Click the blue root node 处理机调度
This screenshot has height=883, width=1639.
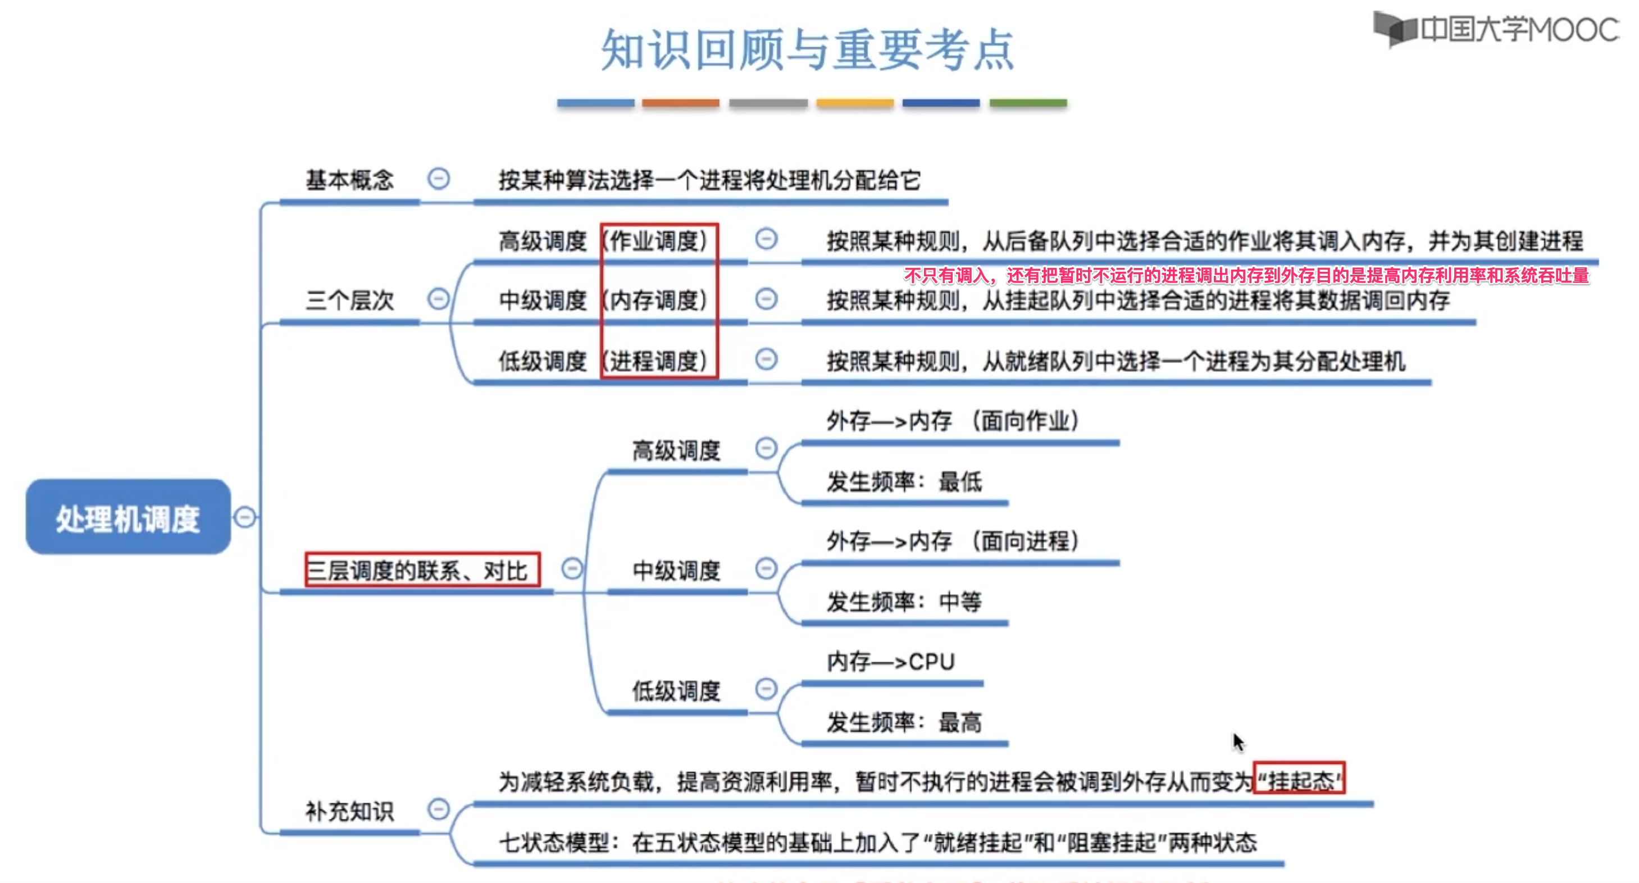[128, 517]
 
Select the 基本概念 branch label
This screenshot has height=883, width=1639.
[349, 180]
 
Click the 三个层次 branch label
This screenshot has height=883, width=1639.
[349, 299]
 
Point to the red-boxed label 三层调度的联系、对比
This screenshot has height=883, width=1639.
[422, 570]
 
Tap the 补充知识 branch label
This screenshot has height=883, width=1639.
[349, 811]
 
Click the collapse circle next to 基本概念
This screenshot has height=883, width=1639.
[438, 179]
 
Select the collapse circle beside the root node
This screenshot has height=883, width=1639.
[245, 517]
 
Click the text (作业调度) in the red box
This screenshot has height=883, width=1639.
[658, 241]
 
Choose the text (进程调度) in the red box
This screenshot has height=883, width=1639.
[658, 361]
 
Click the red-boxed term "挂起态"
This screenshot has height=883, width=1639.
[1299, 780]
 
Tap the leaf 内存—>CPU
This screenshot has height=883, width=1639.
[890, 662]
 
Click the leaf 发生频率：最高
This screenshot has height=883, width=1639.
[904, 722]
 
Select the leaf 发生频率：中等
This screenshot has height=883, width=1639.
[904, 601]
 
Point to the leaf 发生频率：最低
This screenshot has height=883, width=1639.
[904, 481]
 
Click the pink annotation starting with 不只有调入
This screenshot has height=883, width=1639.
[1246, 275]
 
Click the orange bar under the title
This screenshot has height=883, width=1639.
[680, 102]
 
